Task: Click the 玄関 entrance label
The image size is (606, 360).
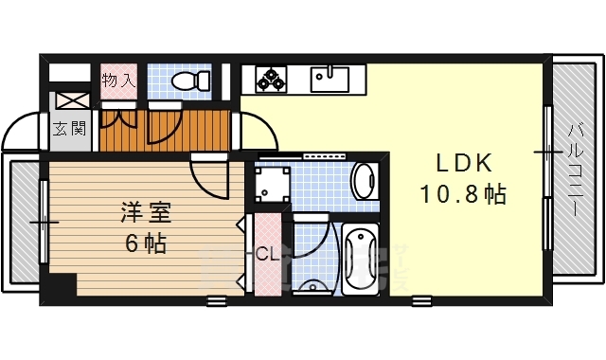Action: (69, 128)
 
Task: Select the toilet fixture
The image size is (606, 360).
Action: (194, 81)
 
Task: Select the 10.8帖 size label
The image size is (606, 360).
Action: (462, 195)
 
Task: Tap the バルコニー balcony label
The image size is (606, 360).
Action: (576, 171)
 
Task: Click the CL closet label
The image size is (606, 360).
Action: (267, 254)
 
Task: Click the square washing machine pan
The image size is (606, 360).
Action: (273, 183)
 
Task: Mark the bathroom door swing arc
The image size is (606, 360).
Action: (312, 237)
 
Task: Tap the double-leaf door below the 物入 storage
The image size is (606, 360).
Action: (119, 123)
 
